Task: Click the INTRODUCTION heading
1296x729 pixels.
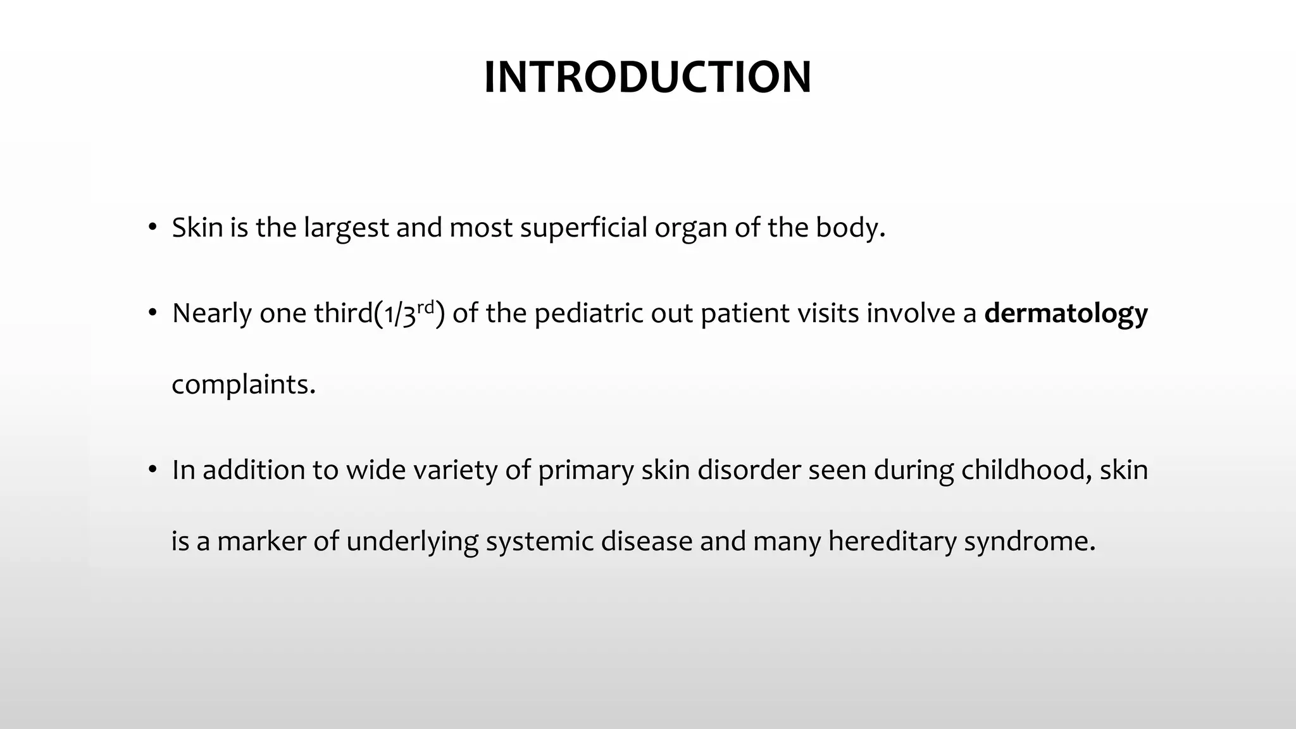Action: (x=647, y=77)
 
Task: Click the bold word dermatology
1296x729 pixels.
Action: (x=1066, y=313)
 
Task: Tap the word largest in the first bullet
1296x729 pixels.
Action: (x=346, y=228)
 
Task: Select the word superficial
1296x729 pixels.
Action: (x=583, y=228)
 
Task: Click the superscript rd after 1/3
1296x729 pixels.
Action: (x=425, y=308)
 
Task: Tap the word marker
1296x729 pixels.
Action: (x=261, y=542)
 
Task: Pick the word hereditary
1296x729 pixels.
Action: (x=892, y=542)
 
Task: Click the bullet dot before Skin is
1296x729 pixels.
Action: (x=152, y=228)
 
